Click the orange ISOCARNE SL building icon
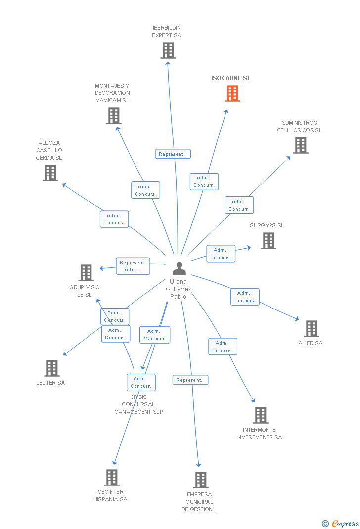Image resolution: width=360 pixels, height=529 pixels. [232, 93]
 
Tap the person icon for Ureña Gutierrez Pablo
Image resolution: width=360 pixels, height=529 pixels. [179, 268]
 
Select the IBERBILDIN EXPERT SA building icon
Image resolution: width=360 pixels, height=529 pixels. [168, 50]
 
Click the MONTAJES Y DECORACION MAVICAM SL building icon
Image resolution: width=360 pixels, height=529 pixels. [114, 116]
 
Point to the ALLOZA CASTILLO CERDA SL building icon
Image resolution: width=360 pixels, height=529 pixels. [50, 173]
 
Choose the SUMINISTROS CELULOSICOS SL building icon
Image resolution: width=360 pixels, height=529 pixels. [300, 145]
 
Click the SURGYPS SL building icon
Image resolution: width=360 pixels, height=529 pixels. [269, 241]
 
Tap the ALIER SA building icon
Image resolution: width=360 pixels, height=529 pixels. [311, 329]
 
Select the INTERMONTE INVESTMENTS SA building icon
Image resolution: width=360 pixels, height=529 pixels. [261, 415]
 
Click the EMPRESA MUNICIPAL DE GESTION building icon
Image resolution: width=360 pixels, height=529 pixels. [200, 480]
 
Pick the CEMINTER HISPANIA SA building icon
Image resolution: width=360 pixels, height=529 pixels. [112, 478]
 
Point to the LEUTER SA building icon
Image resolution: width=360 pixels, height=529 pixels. [52, 368]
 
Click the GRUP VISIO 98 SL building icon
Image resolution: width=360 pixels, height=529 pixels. [86, 273]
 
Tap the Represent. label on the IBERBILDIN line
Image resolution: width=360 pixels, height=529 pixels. [173, 154]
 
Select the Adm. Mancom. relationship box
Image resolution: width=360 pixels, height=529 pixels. [154, 335]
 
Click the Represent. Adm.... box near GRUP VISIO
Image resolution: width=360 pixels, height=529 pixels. [133, 266]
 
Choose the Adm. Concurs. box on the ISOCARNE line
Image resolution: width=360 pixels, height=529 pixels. [204, 181]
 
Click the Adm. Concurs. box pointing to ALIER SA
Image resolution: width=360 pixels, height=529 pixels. [244, 297]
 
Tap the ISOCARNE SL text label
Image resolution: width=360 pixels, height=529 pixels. [231, 78]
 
